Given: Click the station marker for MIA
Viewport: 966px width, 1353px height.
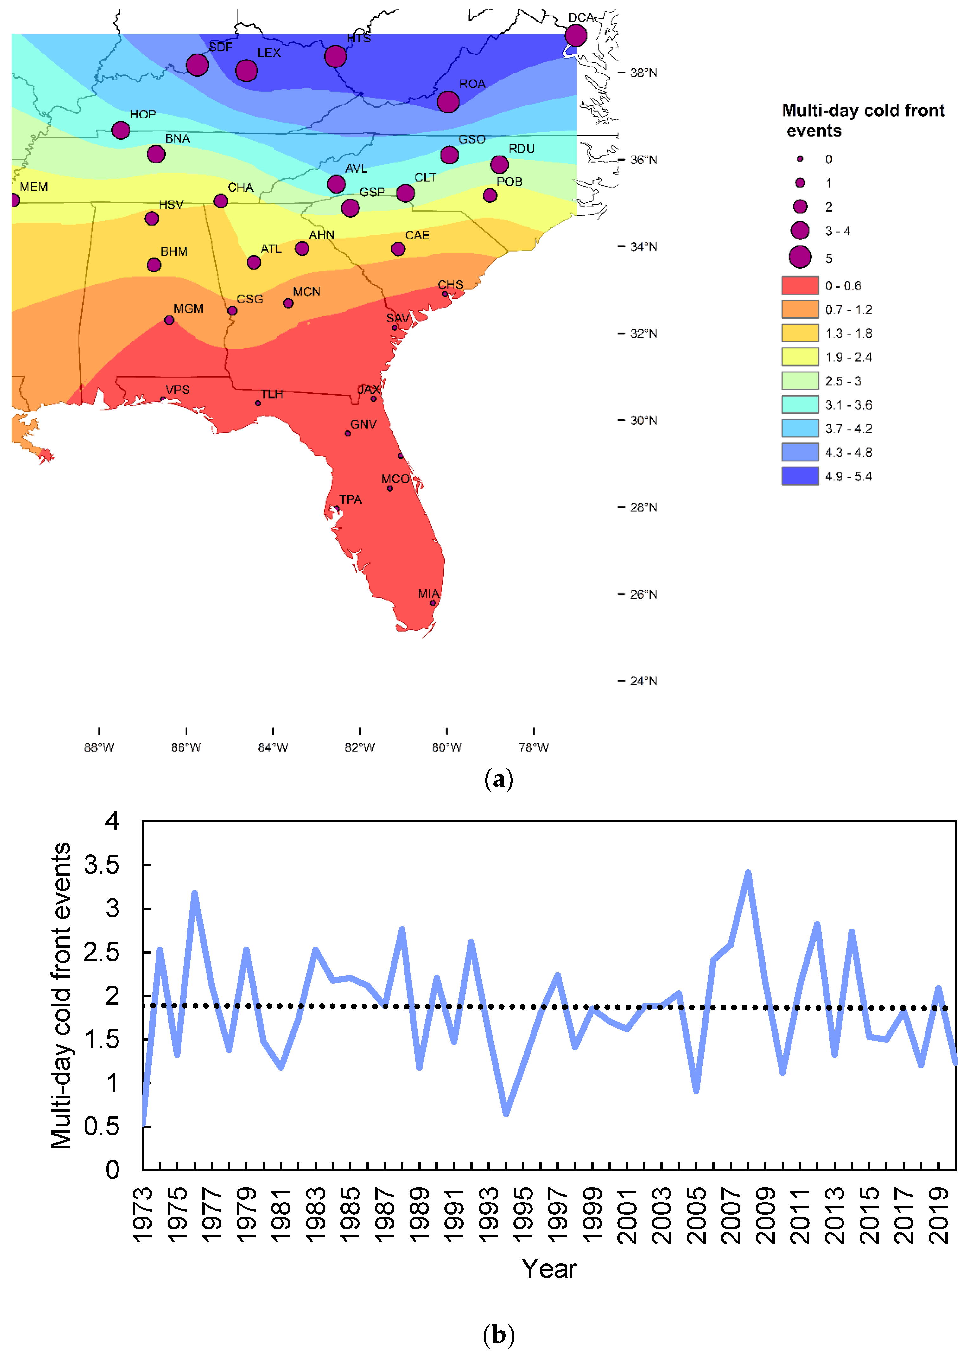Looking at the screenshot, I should coord(433,603).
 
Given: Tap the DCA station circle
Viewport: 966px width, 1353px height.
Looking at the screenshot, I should coord(575,35).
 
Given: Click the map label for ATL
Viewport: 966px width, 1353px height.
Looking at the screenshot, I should coord(271,249).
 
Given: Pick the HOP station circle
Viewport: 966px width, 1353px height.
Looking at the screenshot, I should coord(121,130).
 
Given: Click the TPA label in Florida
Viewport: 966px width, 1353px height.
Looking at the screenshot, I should coord(350,499).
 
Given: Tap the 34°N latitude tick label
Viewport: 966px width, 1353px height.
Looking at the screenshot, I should coord(644,246).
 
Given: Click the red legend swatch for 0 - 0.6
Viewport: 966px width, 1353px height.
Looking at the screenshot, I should coord(799,286).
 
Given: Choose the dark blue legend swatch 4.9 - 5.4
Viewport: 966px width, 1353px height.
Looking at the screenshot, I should coord(799,476).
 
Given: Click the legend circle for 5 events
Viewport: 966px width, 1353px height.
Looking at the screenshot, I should coord(799,257).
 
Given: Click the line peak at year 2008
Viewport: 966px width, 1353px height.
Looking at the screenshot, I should coord(748,873).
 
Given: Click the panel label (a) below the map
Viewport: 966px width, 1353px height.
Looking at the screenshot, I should coord(499,779).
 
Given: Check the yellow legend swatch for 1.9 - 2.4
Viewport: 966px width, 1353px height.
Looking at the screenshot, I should coord(799,357).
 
